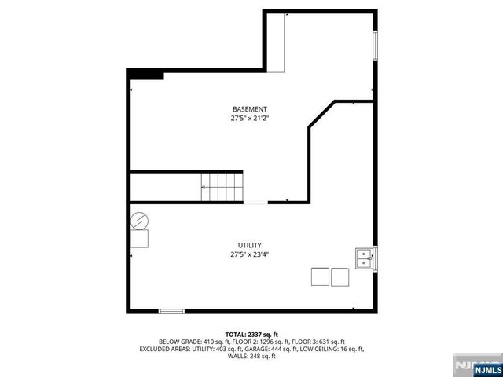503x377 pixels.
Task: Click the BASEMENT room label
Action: coord(250,109)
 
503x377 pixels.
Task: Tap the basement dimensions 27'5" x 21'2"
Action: coord(250,119)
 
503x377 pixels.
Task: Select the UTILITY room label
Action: coord(250,245)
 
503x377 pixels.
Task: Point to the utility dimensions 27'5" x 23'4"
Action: coord(250,254)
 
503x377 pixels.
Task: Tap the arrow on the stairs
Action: coord(206,187)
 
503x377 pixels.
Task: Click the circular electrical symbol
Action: coord(139,221)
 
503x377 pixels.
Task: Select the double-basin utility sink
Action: coord(364,256)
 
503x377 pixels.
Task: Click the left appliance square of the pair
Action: coord(320,276)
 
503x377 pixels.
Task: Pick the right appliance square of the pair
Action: coord(340,276)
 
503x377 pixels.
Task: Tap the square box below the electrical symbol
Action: coord(139,239)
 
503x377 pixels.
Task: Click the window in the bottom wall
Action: coord(171,311)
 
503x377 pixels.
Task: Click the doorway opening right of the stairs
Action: coord(255,203)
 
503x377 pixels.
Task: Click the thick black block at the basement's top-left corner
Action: coord(145,75)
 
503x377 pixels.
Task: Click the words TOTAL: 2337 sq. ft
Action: coord(251,334)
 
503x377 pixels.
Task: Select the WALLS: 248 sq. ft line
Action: coord(251,357)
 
